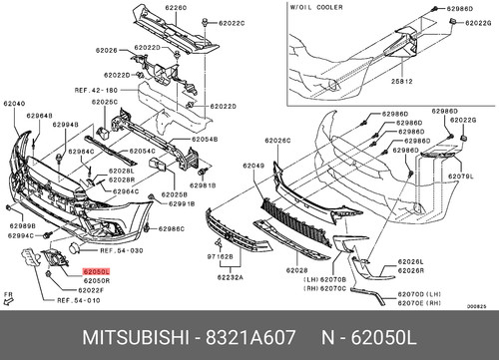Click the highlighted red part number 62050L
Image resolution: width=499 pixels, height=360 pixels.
click(x=97, y=271)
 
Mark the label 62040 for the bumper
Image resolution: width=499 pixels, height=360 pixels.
click(x=14, y=102)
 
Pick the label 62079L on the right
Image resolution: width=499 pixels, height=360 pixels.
click(x=460, y=177)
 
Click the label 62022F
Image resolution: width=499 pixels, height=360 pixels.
click(x=67, y=289)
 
